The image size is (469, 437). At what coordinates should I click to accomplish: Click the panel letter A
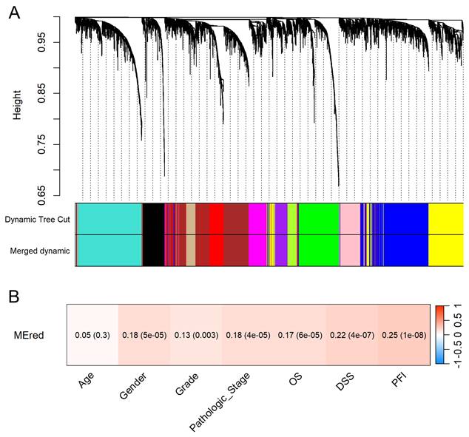coord(13,13)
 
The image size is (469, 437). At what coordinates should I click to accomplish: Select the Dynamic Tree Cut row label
coord(37,220)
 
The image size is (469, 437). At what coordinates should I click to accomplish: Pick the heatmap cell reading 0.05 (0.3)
coord(93,335)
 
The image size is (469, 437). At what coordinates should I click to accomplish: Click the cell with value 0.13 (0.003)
coord(197,335)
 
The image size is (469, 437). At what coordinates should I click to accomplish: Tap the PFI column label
coord(397,383)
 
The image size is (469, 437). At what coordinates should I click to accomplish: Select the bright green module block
coord(318,234)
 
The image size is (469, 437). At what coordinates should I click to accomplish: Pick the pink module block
coord(349,234)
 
